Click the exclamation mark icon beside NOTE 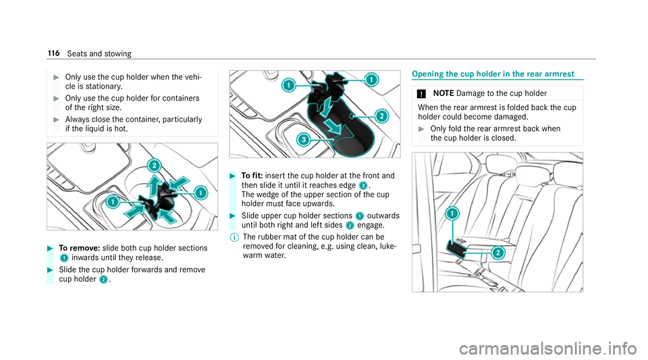[424, 92]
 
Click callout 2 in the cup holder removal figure [153, 165]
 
